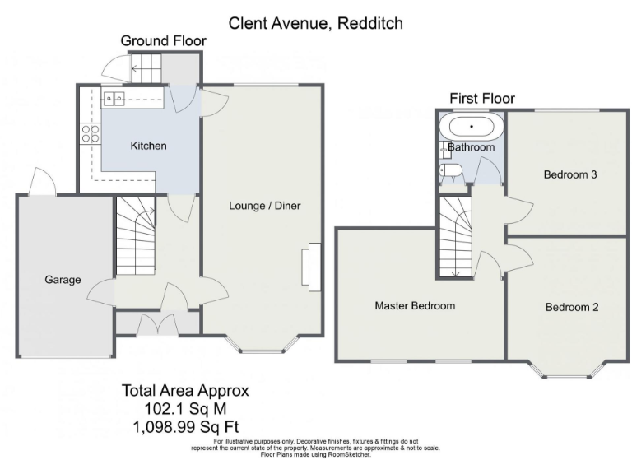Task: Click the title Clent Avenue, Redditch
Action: (316, 23)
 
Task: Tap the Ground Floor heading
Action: (163, 41)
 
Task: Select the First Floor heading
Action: (481, 99)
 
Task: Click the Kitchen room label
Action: (149, 146)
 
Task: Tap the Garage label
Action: (63, 280)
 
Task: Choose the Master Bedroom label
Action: (415, 305)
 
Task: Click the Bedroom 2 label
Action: (571, 307)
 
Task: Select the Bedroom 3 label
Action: (569, 174)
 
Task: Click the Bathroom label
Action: (472, 147)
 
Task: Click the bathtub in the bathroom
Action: (472, 128)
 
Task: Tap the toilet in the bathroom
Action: (451, 171)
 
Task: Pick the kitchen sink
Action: (114, 100)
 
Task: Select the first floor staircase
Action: (453, 237)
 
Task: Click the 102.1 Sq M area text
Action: (185, 409)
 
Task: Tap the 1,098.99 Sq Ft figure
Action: (185, 426)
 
